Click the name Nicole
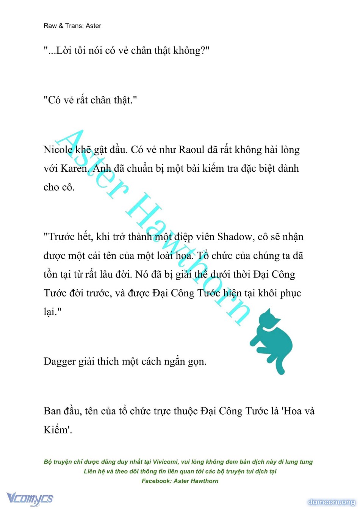[x=58, y=150]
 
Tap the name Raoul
[x=191, y=150]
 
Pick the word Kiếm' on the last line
[x=58, y=430]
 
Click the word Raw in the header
[x=50, y=26]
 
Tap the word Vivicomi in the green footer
[x=165, y=462]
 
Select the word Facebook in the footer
[x=156, y=481]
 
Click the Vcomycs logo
[x=30, y=498]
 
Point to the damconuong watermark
[x=331, y=502]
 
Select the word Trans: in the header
[x=74, y=26]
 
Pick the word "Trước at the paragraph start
[x=59, y=237]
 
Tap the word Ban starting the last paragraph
[x=52, y=411]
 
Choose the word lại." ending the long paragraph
[x=52, y=312]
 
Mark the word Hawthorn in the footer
[x=205, y=481]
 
